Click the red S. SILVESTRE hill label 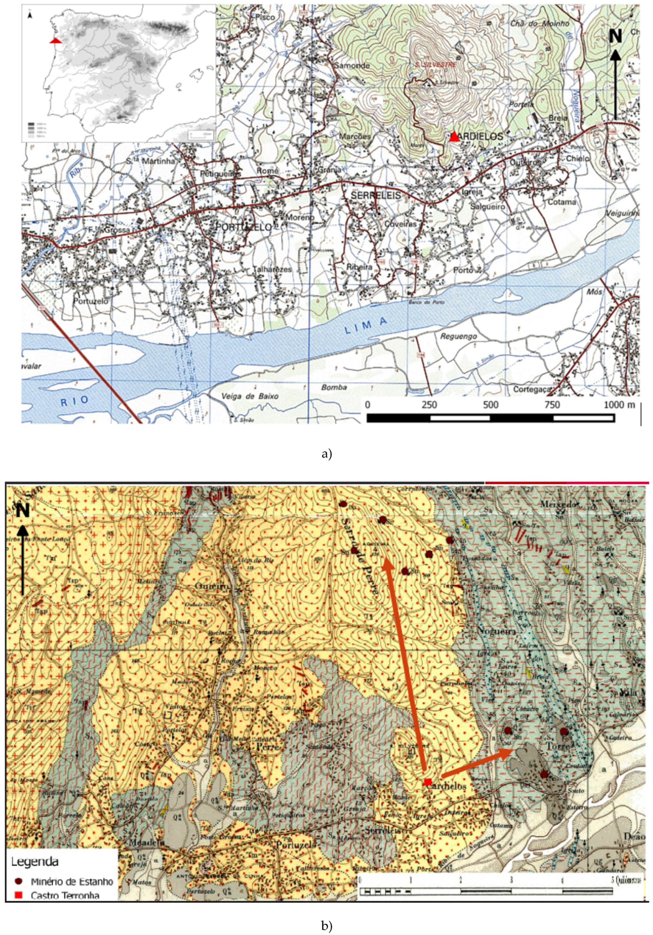(x=435, y=64)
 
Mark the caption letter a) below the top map (x=326, y=454)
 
